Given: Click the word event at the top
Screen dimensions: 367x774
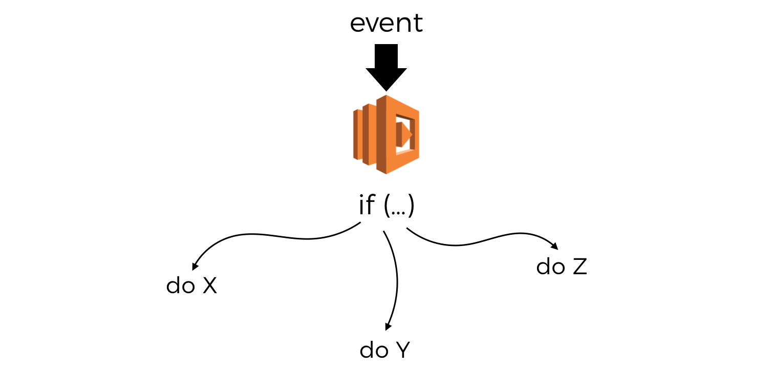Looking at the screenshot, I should click(386, 24).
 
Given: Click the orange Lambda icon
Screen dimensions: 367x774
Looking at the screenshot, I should click(386, 134).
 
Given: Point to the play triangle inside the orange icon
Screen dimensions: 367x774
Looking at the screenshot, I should click(406, 134).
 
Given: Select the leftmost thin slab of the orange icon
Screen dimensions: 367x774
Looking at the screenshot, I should click(357, 134).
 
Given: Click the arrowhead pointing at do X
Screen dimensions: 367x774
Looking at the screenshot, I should click(195, 267).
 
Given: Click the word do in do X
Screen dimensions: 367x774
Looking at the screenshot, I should click(179, 286).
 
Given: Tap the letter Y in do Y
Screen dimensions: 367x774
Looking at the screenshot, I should click(403, 350).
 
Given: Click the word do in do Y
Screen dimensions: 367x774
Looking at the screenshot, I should click(373, 350).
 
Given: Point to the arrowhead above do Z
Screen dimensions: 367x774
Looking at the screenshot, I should click(554, 245).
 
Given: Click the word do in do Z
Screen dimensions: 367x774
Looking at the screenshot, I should click(549, 267).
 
